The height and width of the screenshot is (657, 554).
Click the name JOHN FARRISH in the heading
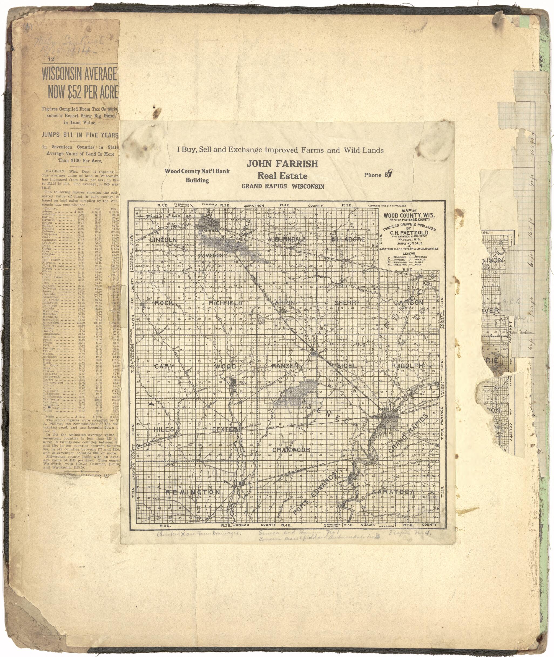pyautogui.click(x=282, y=164)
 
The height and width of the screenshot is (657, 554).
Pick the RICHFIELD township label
pyautogui.click(x=225, y=303)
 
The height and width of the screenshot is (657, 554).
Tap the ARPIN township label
pyautogui.click(x=285, y=303)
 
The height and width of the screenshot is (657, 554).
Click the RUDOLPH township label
pyautogui.click(x=408, y=366)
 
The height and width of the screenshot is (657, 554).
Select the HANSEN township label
pyautogui.click(x=285, y=366)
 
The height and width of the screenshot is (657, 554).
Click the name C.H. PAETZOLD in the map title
pyautogui.click(x=409, y=233)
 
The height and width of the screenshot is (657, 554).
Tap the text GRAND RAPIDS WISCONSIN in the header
pyautogui.click(x=283, y=186)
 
